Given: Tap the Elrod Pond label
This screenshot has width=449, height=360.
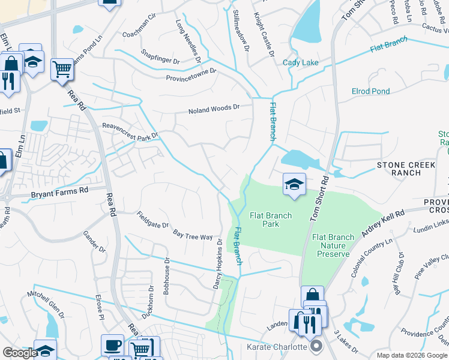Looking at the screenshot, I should (x=370, y=91).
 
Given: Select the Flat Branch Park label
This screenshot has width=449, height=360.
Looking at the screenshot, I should (x=271, y=220).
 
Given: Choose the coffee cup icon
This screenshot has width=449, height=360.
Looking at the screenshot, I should (x=112, y=345).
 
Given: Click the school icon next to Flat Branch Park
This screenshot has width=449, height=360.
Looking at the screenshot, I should (x=294, y=184).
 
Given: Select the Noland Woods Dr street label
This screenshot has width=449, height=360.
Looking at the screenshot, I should (x=214, y=109).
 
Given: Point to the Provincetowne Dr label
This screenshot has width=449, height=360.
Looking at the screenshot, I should (x=191, y=76).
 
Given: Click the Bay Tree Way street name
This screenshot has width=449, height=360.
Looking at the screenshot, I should (x=193, y=235).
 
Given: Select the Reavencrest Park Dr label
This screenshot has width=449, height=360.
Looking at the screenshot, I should (x=130, y=131).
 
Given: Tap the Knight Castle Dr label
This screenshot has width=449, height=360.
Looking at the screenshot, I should (x=263, y=35).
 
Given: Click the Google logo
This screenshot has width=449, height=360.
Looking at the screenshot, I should (x=20, y=353).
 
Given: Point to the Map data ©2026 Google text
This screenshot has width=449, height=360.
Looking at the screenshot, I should (x=411, y=355).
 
